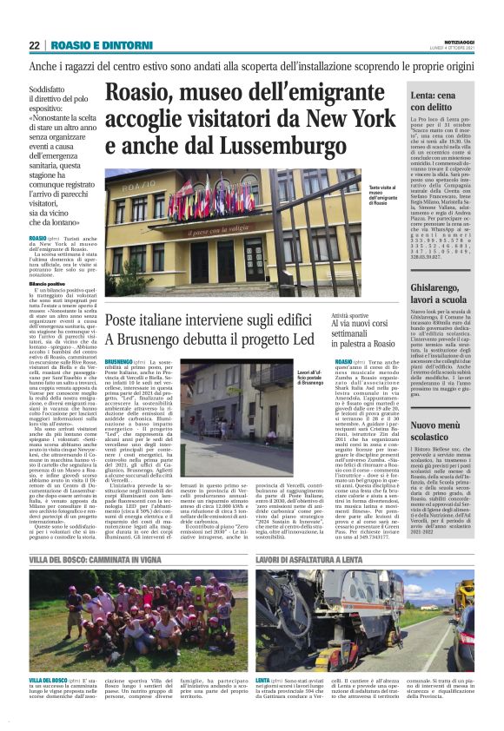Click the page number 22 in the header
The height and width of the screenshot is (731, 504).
coord(34,45)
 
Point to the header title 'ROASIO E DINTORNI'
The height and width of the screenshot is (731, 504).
coord(90,45)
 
